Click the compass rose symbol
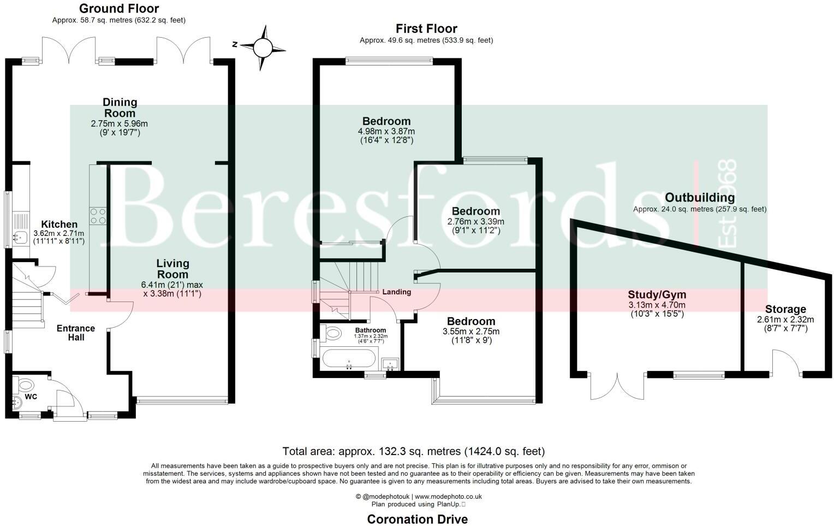click(x=263, y=48)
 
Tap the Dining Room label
click(x=120, y=108)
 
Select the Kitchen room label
click(x=59, y=224)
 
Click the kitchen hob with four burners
click(x=98, y=216)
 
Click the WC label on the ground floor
click(x=31, y=397)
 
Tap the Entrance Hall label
click(x=76, y=333)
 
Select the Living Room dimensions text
click(x=172, y=289)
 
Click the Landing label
click(x=396, y=292)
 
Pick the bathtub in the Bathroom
click(x=349, y=359)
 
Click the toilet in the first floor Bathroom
click(x=331, y=332)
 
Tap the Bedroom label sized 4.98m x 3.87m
click(x=386, y=121)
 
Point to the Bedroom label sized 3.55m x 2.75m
click(x=471, y=321)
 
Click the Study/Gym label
click(x=657, y=295)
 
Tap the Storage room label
click(x=785, y=309)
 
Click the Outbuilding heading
click(x=699, y=198)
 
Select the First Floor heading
click(x=426, y=28)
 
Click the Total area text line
click(x=414, y=452)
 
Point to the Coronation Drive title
click(x=417, y=519)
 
